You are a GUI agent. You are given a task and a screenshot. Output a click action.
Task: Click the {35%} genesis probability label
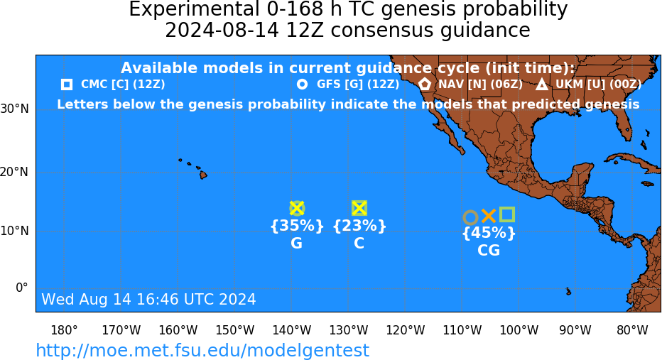coord(297,226)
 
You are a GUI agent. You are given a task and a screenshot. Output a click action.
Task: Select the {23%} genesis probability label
coord(359,226)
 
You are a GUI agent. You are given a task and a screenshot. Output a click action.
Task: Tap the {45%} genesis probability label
coord(489,233)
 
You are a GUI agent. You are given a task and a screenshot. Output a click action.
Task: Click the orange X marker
coord(489,216)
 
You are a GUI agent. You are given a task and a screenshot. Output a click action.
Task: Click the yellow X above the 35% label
coord(297,209)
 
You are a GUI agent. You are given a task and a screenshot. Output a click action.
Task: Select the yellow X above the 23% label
coord(359,208)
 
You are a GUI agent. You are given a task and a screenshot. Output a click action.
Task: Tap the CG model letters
coord(489,250)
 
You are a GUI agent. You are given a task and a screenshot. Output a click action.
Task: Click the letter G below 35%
coord(296,243)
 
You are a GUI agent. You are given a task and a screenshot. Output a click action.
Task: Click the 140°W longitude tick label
coord(292,330)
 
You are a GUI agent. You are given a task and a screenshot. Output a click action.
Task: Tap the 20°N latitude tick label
coord(14,173)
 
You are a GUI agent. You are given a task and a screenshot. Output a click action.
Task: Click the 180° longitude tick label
coord(64,330)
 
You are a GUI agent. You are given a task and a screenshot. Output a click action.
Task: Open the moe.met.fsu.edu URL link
coord(202,350)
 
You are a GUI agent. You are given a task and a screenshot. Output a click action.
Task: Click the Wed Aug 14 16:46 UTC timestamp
coord(148,299)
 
